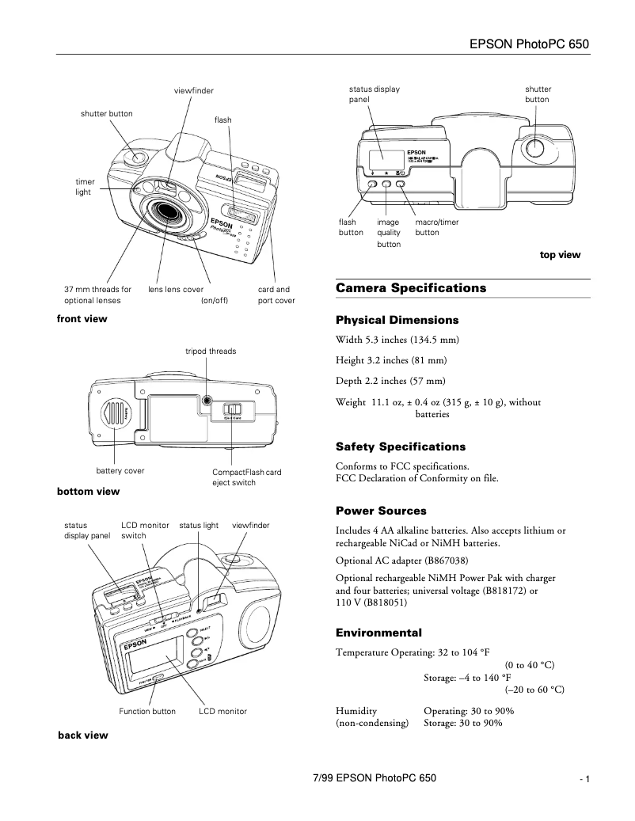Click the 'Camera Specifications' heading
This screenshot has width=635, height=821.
point(411,288)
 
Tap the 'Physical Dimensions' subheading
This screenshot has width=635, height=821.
point(397,321)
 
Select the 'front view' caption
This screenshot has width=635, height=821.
point(82,319)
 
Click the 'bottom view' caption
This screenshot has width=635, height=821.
point(88,492)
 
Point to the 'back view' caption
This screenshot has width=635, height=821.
point(82,735)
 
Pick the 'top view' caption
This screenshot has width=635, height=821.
point(560,255)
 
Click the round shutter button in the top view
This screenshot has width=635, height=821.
point(536,148)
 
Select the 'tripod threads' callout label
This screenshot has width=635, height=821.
point(211,351)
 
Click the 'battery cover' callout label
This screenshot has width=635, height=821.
point(120,471)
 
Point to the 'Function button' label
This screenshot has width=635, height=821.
point(147,712)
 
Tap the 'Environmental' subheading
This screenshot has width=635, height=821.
point(378,633)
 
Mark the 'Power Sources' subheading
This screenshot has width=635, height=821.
point(381,511)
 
